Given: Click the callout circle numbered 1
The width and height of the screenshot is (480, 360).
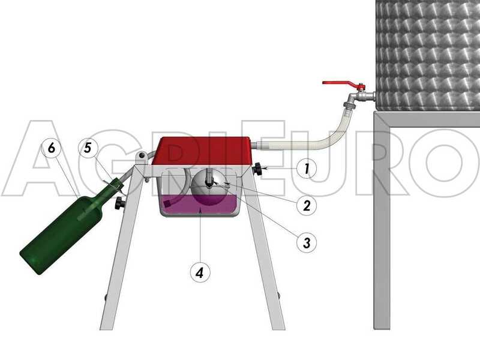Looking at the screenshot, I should coord(307,169).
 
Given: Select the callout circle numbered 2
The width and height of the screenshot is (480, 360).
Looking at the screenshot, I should coord(307,206).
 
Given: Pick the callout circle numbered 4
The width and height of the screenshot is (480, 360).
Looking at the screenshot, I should coord(200,272).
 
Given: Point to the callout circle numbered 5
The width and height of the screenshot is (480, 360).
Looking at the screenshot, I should coord(88,148).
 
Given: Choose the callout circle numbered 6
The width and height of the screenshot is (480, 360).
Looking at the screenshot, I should coord(52,148).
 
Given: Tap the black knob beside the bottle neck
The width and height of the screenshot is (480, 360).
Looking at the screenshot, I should coord(120,203).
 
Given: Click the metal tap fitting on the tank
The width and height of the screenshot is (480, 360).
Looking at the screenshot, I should coord(360,96).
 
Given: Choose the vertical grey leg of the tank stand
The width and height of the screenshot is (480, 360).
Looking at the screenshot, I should coord(382,228).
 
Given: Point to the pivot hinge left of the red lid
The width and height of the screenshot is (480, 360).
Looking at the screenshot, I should coord(140,158).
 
